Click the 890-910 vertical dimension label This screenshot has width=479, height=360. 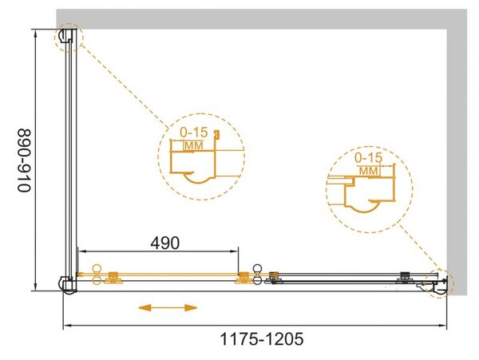click(25, 161)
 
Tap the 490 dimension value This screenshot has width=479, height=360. click(165, 243)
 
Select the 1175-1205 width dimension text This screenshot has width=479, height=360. click(262, 339)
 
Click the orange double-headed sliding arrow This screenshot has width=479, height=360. click(168, 308)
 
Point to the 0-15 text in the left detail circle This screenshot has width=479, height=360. click(194, 133)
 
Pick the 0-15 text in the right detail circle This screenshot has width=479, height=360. click(368, 158)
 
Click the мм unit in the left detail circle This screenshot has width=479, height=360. click(194, 146)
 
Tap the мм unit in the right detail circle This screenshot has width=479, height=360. click(369, 171)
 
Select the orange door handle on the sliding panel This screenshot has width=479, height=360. click(97, 275)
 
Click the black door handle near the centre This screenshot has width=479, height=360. click(257, 275)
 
